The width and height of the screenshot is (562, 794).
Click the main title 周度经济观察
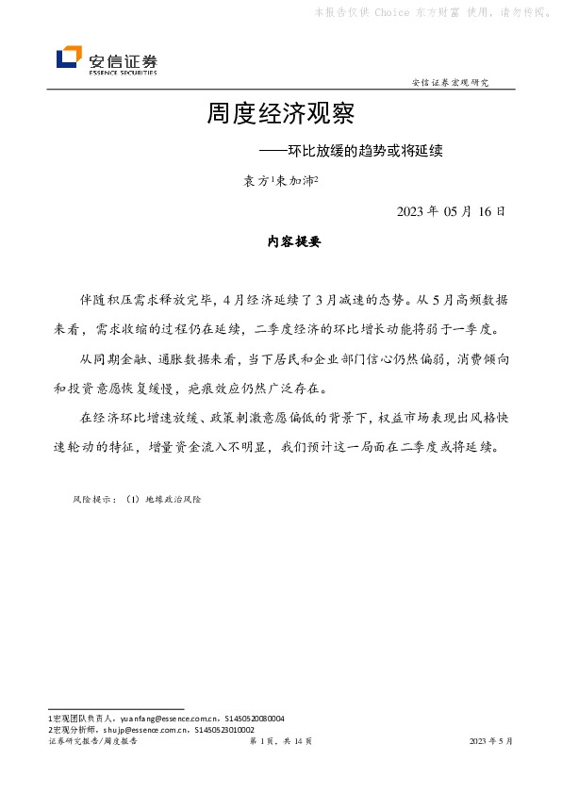click(x=280, y=115)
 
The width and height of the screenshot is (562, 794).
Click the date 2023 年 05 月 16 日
click(x=451, y=210)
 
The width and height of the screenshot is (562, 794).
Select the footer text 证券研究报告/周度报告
click(x=91, y=742)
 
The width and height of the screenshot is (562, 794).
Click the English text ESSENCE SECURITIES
click(x=123, y=72)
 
